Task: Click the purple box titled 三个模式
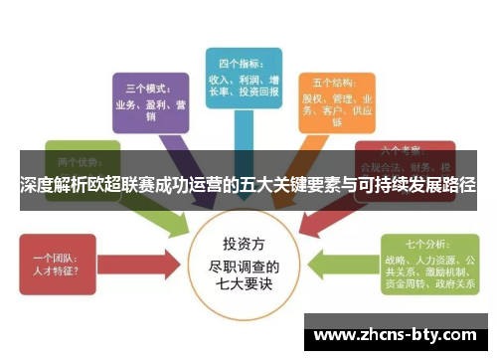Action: pyautogui.click(x=150, y=99)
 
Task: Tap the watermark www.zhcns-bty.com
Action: pyautogui.click(x=398, y=334)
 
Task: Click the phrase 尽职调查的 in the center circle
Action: pyautogui.click(x=248, y=267)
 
